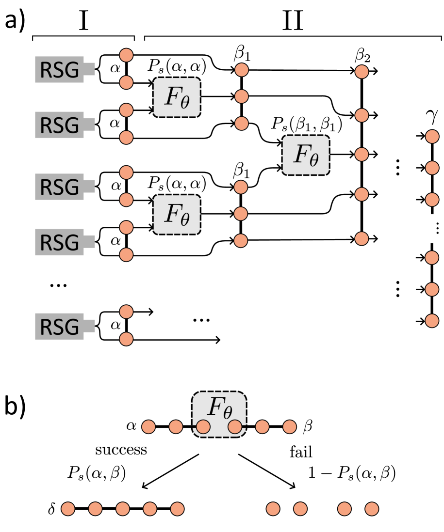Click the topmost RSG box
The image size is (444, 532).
[59, 70]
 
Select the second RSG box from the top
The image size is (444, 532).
[59, 125]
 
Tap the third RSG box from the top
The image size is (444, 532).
[59, 187]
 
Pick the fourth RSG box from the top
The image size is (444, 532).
[59, 242]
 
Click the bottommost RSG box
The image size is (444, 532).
[59, 327]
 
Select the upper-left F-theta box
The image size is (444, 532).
[177, 97]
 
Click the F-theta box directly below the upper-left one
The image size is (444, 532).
[177, 215]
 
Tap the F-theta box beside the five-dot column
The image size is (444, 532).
[306, 155]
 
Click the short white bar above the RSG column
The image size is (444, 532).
[83, 39]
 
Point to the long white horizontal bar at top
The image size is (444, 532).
[293, 39]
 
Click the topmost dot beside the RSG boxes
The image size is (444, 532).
[126, 55]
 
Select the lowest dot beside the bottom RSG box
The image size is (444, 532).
[126, 339]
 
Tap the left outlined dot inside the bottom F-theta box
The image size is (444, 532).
[203, 427]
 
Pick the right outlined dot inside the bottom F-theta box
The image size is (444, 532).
[235, 427]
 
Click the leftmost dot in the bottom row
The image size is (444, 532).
[68, 509]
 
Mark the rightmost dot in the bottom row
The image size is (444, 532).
[372, 509]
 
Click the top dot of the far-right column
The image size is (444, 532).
[432, 137]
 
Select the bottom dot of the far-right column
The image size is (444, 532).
[432, 321]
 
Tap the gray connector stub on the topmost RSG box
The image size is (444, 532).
[90, 69]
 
